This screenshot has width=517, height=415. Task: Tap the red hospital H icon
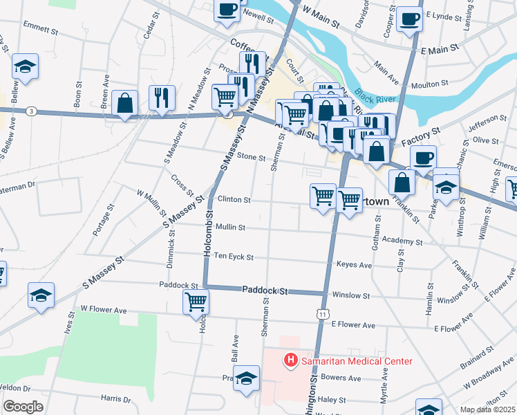(x=290, y=361)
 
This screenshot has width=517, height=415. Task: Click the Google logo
(x=23, y=407)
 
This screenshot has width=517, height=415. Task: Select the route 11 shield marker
(x=323, y=314)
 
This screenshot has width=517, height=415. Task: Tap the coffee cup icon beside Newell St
(x=227, y=10)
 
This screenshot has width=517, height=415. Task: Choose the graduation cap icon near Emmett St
(x=26, y=67)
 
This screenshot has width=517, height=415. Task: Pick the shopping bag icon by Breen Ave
(x=124, y=104)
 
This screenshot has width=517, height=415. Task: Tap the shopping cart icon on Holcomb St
(x=196, y=302)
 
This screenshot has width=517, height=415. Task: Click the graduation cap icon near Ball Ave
(x=246, y=378)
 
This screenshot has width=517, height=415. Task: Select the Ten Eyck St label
(x=234, y=257)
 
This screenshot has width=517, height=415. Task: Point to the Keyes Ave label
(x=354, y=265)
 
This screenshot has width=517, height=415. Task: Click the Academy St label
(x=401, y=242)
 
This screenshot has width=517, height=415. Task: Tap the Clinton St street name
(x=234, y=199)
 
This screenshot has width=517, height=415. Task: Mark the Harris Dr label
(x=115, y=398)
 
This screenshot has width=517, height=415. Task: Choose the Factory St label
(x=422, y=131)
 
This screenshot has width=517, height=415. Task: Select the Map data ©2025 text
(x=488, y=409)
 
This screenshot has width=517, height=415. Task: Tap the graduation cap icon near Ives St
(x=41, y=295)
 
